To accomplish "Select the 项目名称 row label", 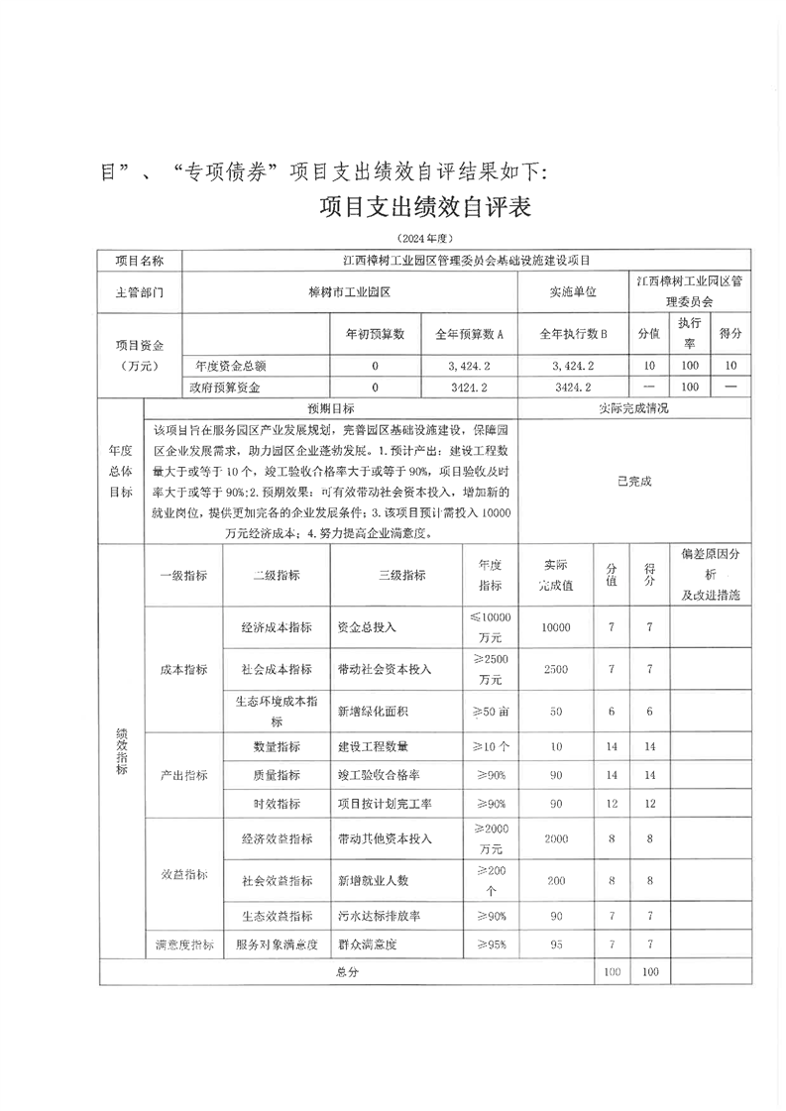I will pyautogui.click(x=140, y=261).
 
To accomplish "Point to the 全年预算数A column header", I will pyautogui.click(x=470, y=334).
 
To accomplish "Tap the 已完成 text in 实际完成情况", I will pyautogui.click(x=634, y=481).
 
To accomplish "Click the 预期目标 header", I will pyautogui.click(x=331, y=407).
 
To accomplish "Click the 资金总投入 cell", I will pyautogui.click(x=368, y=627).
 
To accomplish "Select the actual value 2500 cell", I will pyautogui.click(x=556, y=669).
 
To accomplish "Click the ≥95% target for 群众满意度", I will pyautogui.click(x=490, y=944).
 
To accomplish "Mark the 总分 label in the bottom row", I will pyautogui.click(x=347, y=972).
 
